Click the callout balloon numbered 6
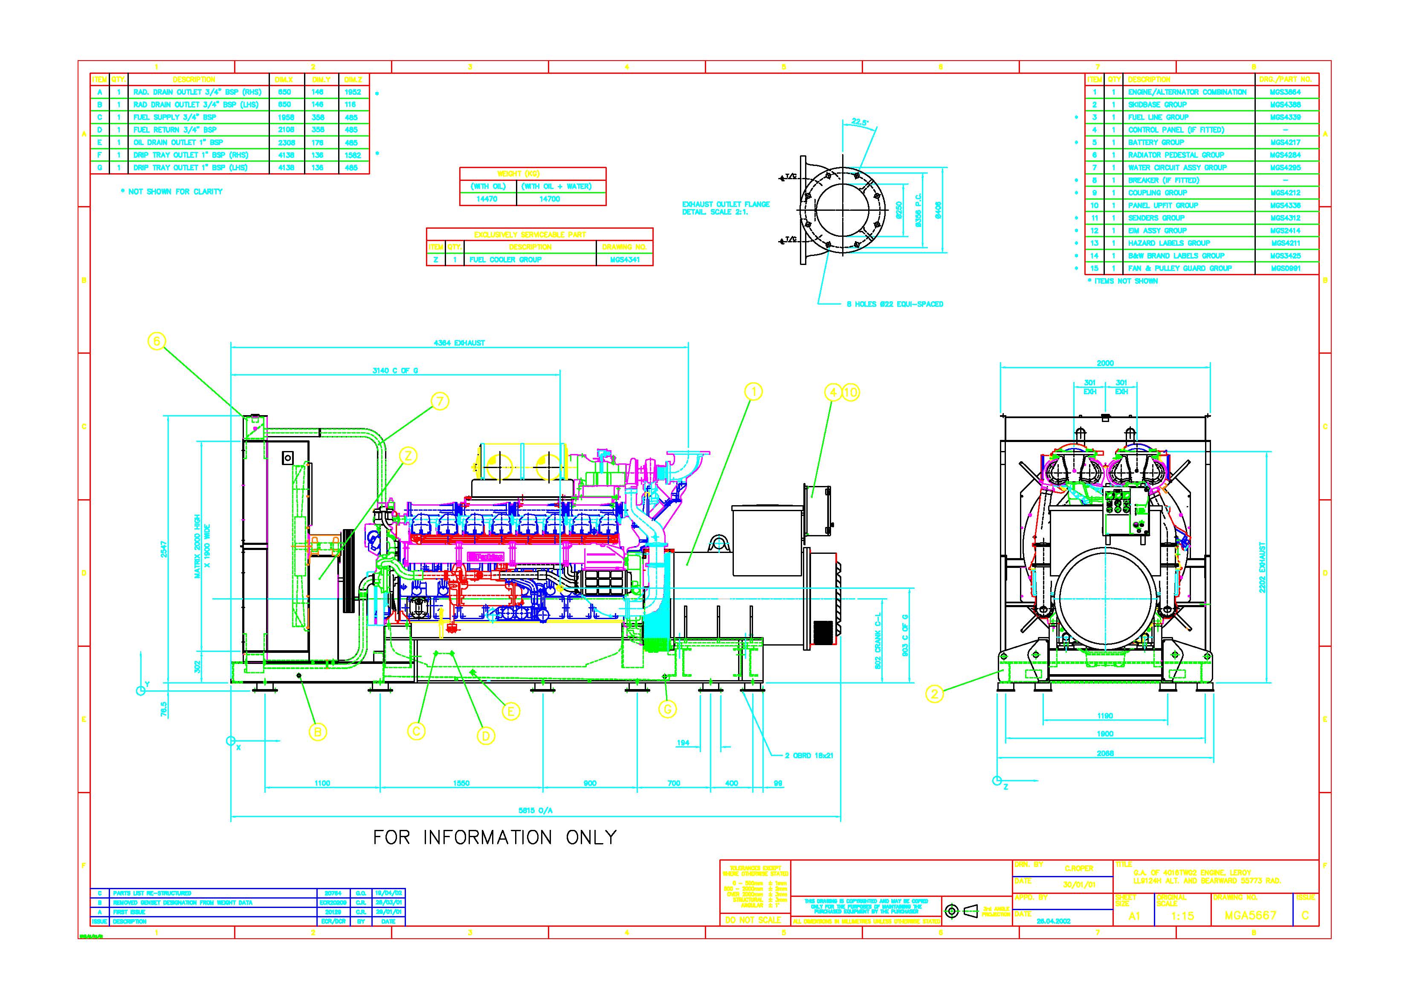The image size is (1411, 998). click(157, 341)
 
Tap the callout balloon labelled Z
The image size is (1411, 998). click(408, 456)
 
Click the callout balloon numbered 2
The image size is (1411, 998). click(934, 694)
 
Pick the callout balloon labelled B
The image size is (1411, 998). click(318, 732)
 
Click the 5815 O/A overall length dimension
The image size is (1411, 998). click(535, 810)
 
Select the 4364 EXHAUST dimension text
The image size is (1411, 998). click(459, 343)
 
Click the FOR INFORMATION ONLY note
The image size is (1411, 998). click(495, 838)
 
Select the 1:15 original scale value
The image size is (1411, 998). click(1182, 916)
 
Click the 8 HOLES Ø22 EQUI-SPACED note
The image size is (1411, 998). click(895, 304)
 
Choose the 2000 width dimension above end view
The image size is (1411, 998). click(1105, 364)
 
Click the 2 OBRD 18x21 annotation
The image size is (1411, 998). click(809, 756)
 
